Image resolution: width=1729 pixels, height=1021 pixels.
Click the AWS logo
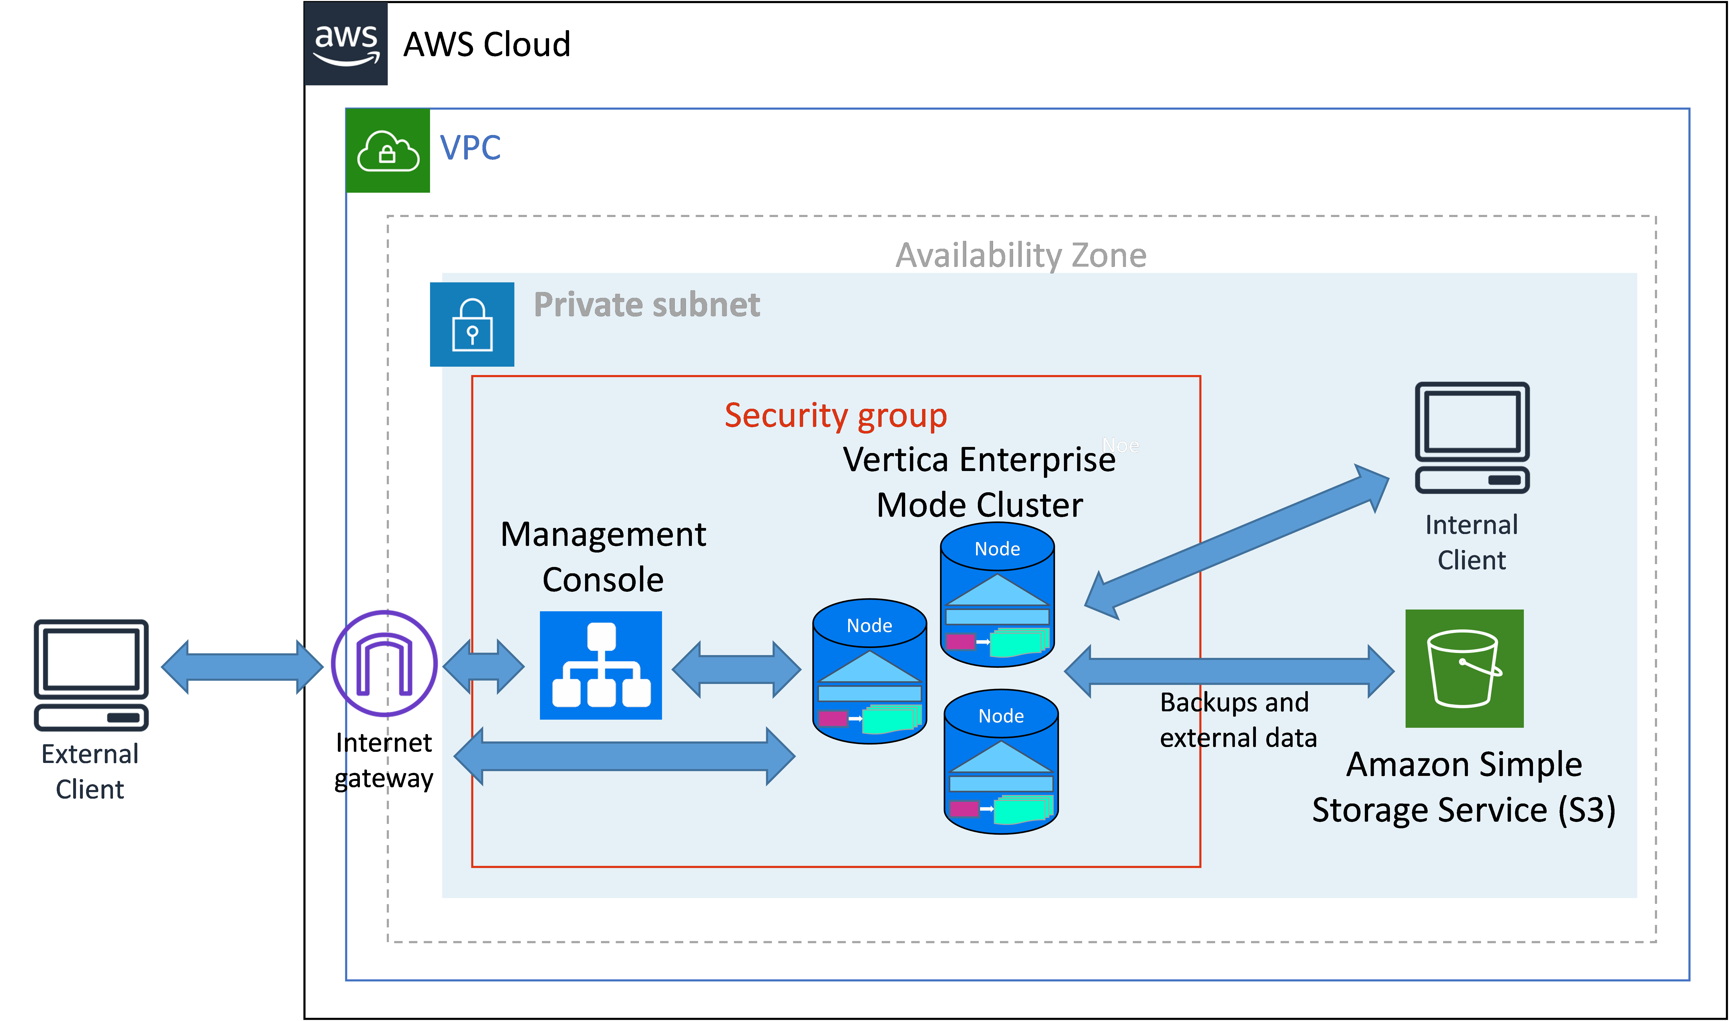pyautogui.click(x=346, y=44)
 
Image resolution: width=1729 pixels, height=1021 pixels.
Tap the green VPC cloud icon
pyautogui.click(x=388, y=150)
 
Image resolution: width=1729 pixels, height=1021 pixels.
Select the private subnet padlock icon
pyautogui.click(x=472, y=325)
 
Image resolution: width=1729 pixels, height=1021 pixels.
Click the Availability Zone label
pyautogui.click(x=1020, y=255)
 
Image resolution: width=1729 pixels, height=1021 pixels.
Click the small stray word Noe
pyautogui.click(x=1120, y=446)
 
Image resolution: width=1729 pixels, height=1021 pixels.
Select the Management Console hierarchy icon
pyautogui.click(x=601, y=665)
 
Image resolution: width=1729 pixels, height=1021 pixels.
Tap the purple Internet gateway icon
pyautogui.click(x=384, y=663)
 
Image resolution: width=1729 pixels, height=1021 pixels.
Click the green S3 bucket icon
pyautogui.click(x=1464, y=668)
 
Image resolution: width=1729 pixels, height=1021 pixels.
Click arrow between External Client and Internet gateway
pyautogui.click(x=242, y=666)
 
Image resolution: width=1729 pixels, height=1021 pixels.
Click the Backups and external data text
pyautogui.click(x=1238, y=720)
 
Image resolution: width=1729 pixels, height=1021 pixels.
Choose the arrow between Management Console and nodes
pyautogui.click(x=736, y=669)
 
